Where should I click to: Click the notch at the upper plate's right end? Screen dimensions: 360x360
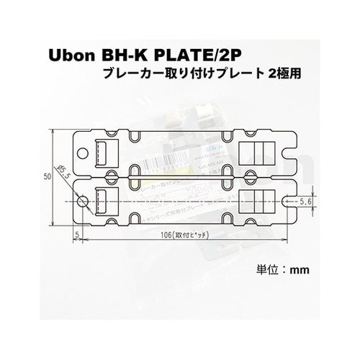(290, 153)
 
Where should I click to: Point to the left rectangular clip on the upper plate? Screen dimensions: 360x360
(104, 152)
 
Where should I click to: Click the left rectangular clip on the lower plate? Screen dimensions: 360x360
(104, 200)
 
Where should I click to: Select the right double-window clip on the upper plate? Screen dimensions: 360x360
(257, 152)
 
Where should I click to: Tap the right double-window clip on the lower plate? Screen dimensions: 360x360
(257, 200)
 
